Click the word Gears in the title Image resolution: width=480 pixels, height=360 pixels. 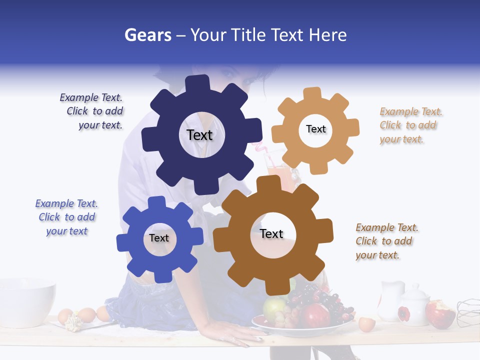[147, 35]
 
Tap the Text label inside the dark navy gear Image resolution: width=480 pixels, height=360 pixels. [199, 135]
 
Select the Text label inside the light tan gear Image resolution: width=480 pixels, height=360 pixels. [315, 129]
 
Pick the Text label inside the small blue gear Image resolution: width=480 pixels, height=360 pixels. [159, 238]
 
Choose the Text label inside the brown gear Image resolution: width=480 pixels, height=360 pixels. [271, 233]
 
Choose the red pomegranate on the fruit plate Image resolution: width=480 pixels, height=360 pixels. [315, 315]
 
